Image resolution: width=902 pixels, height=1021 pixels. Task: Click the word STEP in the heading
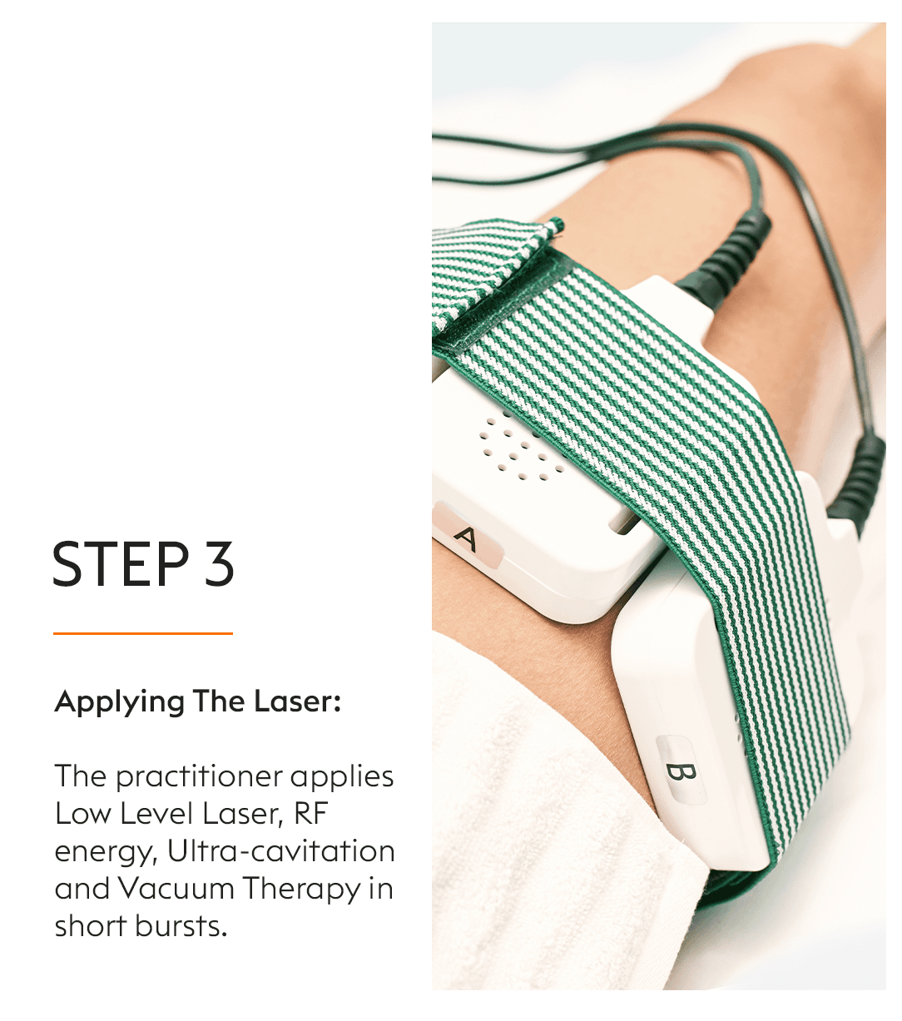point(121,563)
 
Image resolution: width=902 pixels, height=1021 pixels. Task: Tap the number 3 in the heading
point(220,563)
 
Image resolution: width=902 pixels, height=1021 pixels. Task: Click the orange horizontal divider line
point(143,633)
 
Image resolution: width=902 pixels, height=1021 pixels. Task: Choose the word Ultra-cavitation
point(280,851)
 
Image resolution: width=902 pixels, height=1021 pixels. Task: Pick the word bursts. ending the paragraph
point(181,926)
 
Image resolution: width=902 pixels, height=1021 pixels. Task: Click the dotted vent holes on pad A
point(521,448)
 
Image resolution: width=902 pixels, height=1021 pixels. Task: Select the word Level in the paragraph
point(156,814)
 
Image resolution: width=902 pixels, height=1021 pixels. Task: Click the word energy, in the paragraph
point(107,853)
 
